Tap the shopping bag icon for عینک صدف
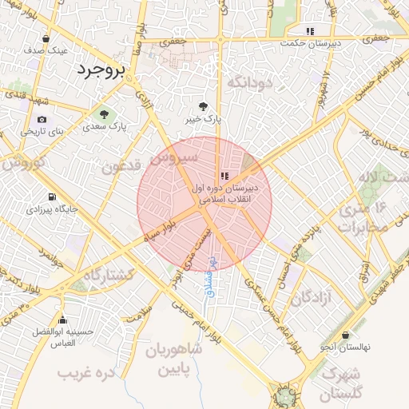pyautogui.click(x=46, y=38)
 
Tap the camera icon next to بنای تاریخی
pyautogui.click(x=42, y=120)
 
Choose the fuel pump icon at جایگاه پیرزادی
pyautogui.click(x=52, y=197)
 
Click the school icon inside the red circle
pyautogui.click(x=224, y=175)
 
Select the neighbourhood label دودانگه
pyautogui.click(x=250, y=82)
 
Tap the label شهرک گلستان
pyautogui.click(x=342, y=383)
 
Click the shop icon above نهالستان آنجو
pyautogui.click(x=345, y=336)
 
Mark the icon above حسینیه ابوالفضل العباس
pyautogui.click(x=62, y=319)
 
